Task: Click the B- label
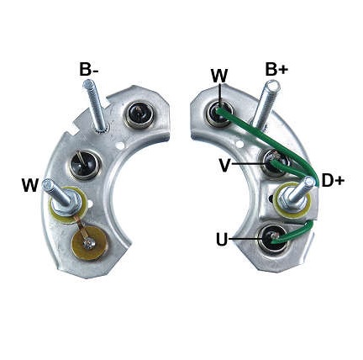88,69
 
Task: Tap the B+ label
276,69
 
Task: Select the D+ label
333,181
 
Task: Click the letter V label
224,166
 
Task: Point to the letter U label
222,240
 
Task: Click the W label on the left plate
30,185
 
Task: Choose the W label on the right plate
219,76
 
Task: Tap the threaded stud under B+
265,104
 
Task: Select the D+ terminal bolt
297,194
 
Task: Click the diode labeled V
275,163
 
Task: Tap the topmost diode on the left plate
139,114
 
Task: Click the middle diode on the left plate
84,165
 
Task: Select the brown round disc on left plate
89,244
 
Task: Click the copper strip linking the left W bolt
82,229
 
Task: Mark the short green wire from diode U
294,234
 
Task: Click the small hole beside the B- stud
120,146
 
